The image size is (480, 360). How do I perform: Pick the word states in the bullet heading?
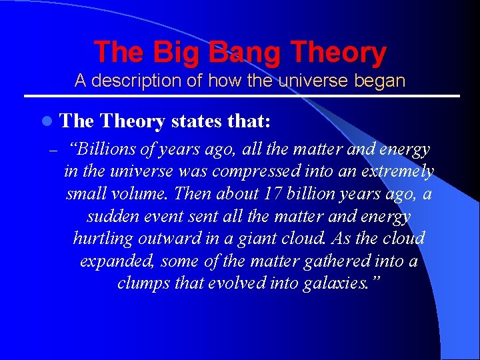coord(198,121)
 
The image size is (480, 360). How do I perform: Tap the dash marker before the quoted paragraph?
coord(51,150)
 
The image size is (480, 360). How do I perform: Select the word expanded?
coord(111,261)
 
